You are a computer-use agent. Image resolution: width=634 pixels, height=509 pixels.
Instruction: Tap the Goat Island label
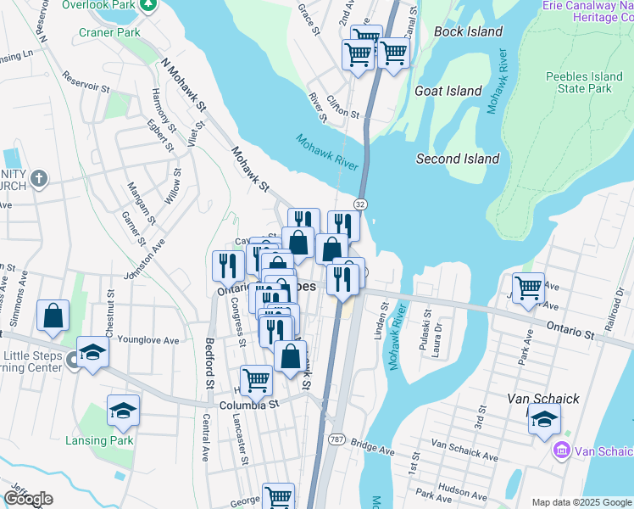point(448,91)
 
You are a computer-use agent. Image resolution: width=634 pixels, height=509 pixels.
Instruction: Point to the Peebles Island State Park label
point(579,82)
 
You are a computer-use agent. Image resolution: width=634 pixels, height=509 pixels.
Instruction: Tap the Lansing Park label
point(99,440)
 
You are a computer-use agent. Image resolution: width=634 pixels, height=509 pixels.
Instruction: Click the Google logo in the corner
point(28,499)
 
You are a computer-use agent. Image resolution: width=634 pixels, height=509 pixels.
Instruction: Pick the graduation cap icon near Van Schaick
point(544,417)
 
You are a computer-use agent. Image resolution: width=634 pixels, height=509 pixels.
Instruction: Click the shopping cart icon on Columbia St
point(256,380)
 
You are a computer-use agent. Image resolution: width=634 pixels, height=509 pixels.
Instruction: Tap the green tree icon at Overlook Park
point(148,5)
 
